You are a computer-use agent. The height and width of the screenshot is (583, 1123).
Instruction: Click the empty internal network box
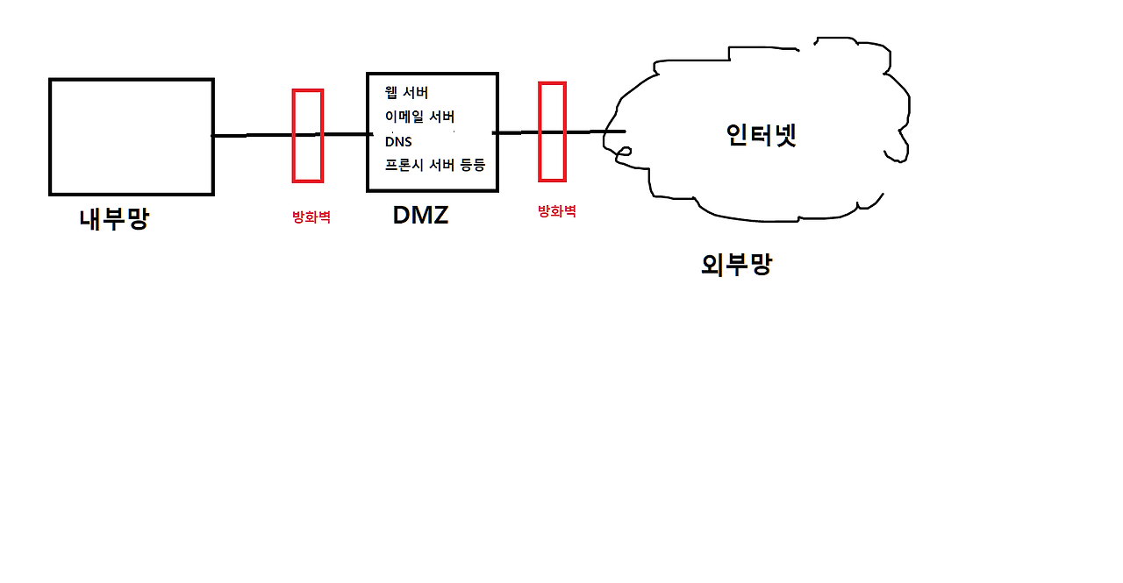click(132, 137)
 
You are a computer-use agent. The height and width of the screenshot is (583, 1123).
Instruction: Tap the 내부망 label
click(114, 218)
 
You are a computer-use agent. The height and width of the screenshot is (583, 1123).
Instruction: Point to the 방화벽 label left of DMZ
click(311, 217)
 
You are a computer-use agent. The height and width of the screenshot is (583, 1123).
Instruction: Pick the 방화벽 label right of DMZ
click(556, 211)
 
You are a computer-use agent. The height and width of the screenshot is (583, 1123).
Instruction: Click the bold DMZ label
click(420, 216)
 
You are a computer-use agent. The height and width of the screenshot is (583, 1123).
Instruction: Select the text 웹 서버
click(406, 92)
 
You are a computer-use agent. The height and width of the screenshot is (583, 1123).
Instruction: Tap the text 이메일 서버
click(419, 117)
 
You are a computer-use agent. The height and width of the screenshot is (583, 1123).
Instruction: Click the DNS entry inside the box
click(398, 141)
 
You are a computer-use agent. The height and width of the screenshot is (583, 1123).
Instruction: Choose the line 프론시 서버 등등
click(434, 165)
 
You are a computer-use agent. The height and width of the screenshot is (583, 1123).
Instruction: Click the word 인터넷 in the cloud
click(761, 135)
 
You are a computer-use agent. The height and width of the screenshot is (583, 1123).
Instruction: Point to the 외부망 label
click(736, 265)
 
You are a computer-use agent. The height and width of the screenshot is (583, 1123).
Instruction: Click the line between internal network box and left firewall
click(253, 135)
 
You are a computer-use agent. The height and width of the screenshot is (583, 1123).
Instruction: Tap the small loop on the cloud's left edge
click(622, 154)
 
